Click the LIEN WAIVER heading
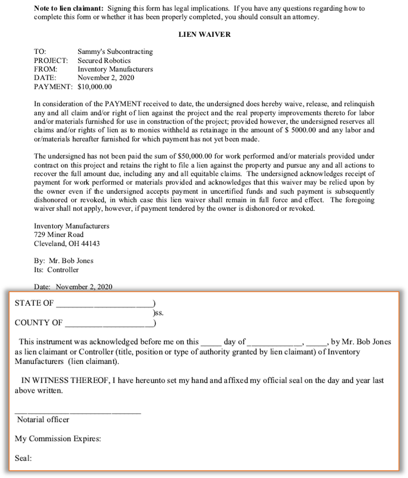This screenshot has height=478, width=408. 204,35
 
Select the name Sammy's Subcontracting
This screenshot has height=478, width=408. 115,52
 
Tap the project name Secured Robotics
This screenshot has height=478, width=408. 104,60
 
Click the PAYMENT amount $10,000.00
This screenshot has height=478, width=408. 95,87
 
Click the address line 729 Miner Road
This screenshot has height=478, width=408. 59,235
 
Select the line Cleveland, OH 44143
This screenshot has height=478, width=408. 67,243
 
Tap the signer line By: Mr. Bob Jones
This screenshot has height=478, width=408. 64,261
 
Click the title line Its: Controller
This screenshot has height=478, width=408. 56,270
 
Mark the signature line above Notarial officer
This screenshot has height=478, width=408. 78,412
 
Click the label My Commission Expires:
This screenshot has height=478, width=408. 58,439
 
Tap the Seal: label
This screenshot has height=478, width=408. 23,458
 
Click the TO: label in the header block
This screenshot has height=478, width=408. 40,52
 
